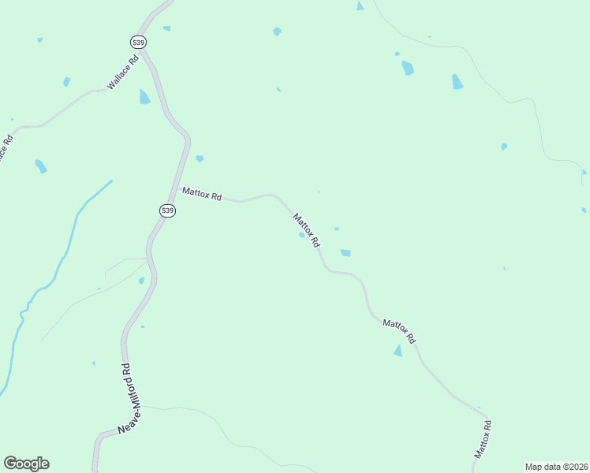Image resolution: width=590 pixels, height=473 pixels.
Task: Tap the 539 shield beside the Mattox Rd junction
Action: [x=166, y=210]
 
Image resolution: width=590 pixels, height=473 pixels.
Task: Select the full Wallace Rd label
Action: [x=123, y=71]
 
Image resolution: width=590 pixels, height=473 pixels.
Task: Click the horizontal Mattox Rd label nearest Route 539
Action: [x=201, y=193]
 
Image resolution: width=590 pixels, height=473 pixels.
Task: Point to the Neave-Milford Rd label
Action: [x=124, y=398]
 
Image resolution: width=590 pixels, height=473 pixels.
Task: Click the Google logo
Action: [x=26, y=464]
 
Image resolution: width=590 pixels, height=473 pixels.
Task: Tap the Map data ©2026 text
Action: [x=556, y=467]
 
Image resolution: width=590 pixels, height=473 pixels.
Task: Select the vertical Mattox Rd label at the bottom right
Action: [x=484, y=440]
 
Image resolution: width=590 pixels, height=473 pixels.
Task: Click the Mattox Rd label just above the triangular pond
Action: [x=398, y=330]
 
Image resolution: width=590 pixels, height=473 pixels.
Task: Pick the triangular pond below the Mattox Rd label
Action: [x=398, y=351]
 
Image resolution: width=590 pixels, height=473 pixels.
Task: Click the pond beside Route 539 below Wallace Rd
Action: [x=144, y=97]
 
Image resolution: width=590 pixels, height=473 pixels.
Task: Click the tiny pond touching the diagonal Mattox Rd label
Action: [x=301, y=234]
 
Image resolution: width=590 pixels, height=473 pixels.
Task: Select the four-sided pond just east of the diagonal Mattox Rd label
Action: [x=345, y=253]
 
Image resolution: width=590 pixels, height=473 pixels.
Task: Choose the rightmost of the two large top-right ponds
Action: [x=457, y=81]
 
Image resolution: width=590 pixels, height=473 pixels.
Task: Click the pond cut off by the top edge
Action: [x=360, y=6]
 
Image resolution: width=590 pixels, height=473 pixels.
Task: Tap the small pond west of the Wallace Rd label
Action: [x=66, y=82]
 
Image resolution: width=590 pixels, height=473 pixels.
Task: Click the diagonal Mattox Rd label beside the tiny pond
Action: [x=306, y=229]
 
